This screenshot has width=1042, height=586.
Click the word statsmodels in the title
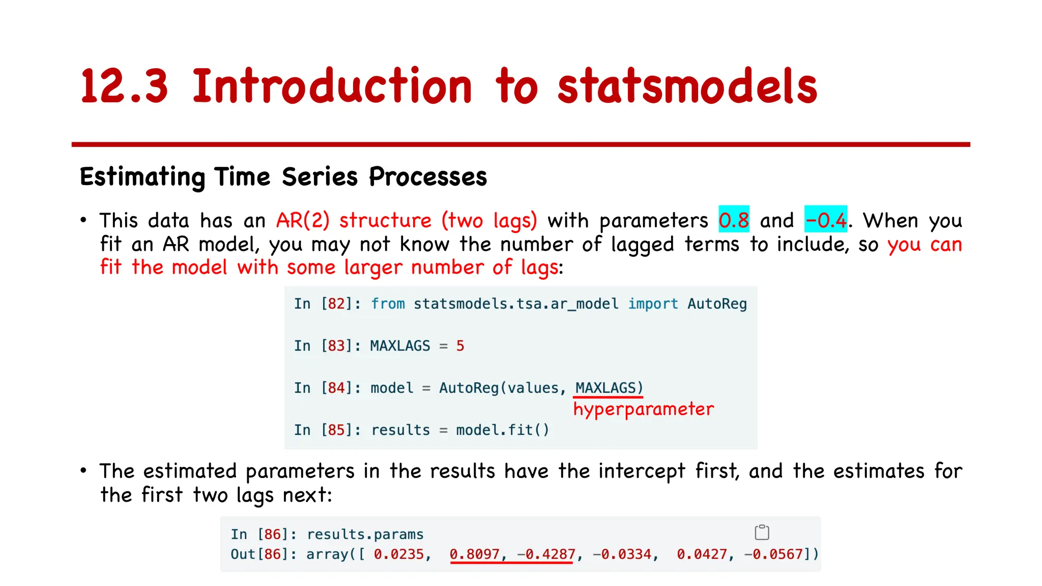pos(687,86)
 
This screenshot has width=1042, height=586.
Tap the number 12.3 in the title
pos(124,86)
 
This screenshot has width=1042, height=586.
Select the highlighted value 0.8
pos(734,220)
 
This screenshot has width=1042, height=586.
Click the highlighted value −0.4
pos(825,220)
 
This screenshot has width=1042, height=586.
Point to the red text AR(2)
pos(303,220)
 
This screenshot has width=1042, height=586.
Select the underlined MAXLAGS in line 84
pos(605,388)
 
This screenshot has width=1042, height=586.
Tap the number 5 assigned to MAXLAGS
pos(460,346)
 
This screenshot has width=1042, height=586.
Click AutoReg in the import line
pos(717,304)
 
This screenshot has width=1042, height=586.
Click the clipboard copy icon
pos(762,532)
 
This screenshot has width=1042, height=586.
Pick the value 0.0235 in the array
pos(399,554)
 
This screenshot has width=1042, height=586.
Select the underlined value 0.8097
pos(475,554)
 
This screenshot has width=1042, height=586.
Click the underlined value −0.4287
pos(546,554)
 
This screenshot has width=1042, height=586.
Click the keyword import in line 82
pos(653,304)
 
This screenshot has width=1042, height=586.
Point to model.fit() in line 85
pos(502,430)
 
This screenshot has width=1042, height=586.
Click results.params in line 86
pos(365,534)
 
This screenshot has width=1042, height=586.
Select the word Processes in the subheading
pos(427,177)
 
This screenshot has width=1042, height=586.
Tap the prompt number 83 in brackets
pos(336,346)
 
